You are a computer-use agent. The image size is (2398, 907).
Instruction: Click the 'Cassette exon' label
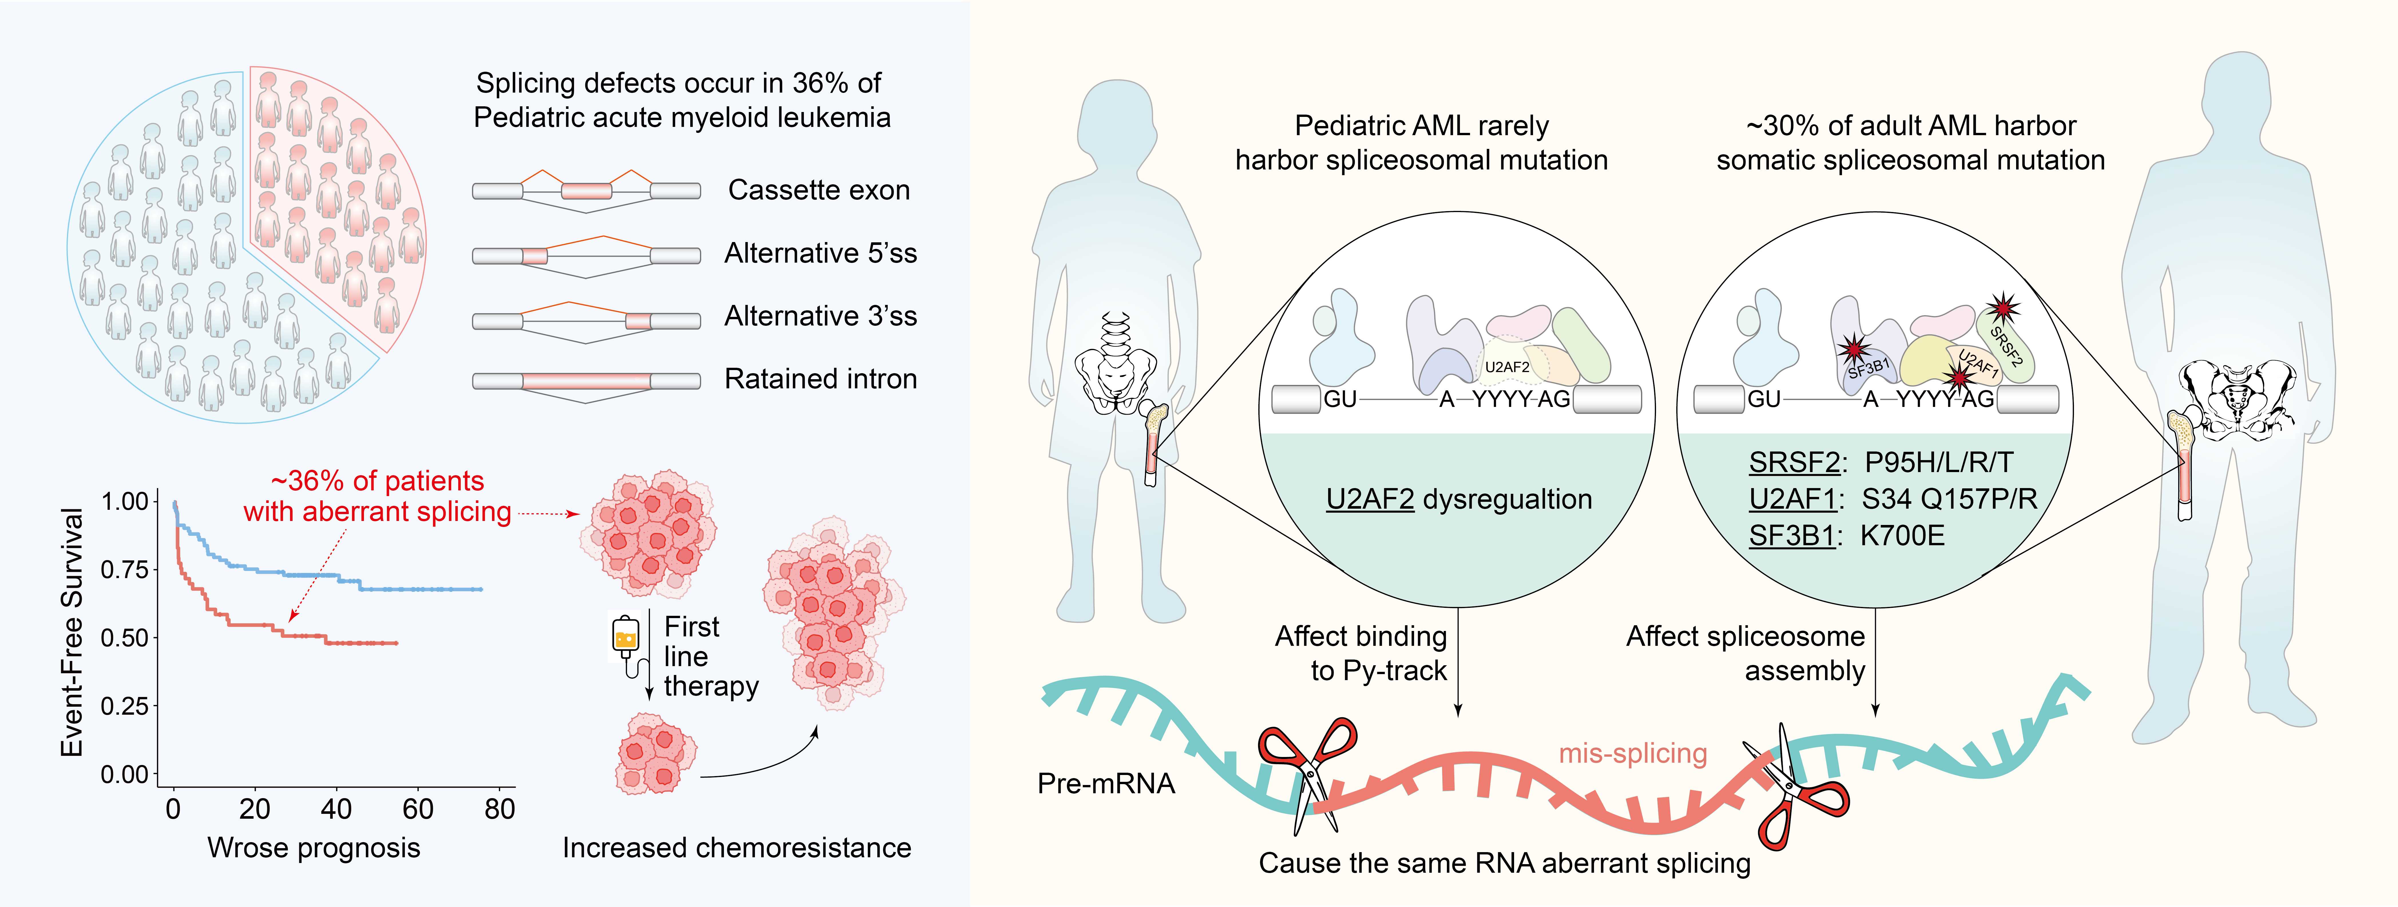point(818,190)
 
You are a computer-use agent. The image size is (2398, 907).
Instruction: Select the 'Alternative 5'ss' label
point(820,253)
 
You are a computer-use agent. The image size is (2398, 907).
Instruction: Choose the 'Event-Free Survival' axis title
point(73,633)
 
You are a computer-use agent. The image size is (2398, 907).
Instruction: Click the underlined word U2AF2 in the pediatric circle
point(1369,500)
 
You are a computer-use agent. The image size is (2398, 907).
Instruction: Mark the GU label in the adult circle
point(1764,399)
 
